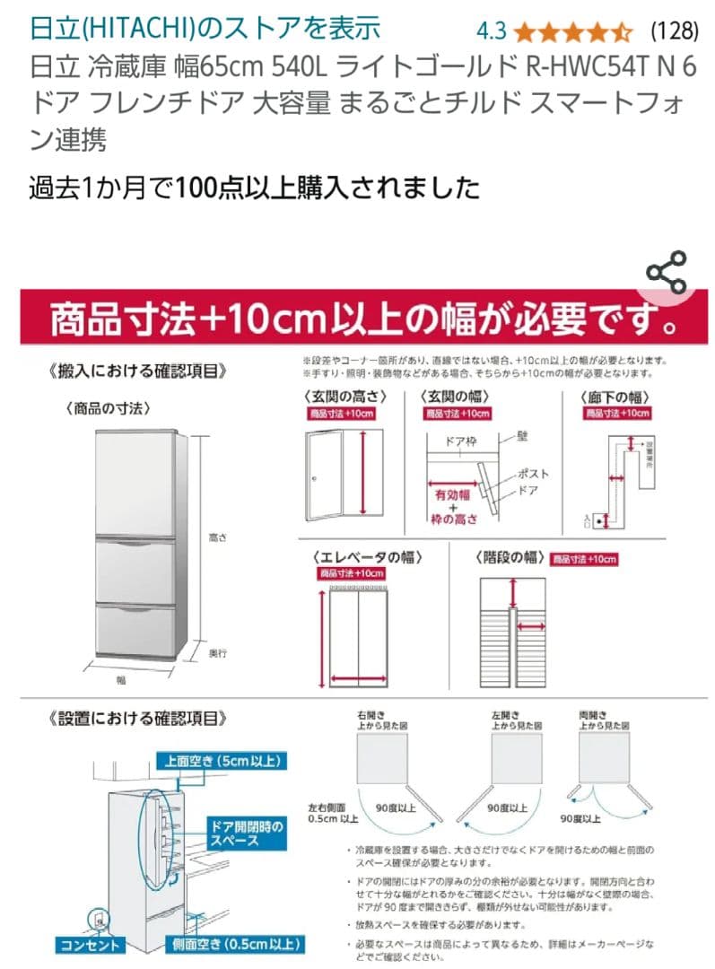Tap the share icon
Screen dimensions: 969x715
667,273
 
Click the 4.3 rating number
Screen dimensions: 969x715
492,31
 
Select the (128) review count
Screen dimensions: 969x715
674,31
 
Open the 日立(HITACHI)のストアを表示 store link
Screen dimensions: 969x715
205,29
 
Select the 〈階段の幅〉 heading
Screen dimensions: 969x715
510,556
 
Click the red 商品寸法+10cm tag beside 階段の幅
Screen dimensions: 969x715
584,558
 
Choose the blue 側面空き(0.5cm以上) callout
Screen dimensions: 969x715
235,945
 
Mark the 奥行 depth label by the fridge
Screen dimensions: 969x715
217,654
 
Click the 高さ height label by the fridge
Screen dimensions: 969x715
217,537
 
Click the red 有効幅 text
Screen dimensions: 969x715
453,494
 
